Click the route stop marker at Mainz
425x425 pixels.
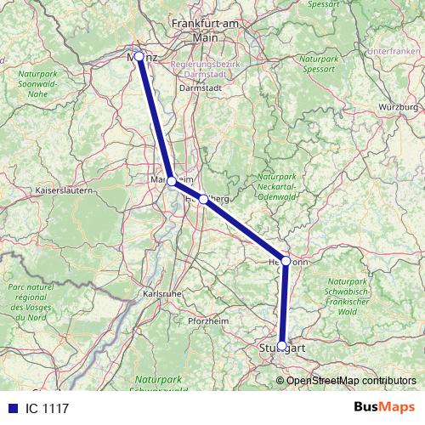click(x=139, y=56)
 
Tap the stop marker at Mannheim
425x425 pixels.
click(x=172, y=181)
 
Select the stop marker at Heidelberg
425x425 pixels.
click(x=204, y=199)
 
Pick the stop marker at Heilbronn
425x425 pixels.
click(x=286, y=261)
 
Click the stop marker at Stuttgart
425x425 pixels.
click(x=281, y=346)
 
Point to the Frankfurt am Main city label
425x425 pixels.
click(x=205, y=31)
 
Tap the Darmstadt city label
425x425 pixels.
click(x=201, y=87)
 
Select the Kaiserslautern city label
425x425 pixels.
click(x=64, y=191)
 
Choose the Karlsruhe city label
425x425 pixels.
click(x=161, y=294)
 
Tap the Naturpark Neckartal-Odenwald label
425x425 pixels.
click(x=276, y=186)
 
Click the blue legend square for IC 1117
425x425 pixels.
click(x=12, y=408)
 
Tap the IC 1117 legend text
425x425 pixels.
click(x=48, y=408)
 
